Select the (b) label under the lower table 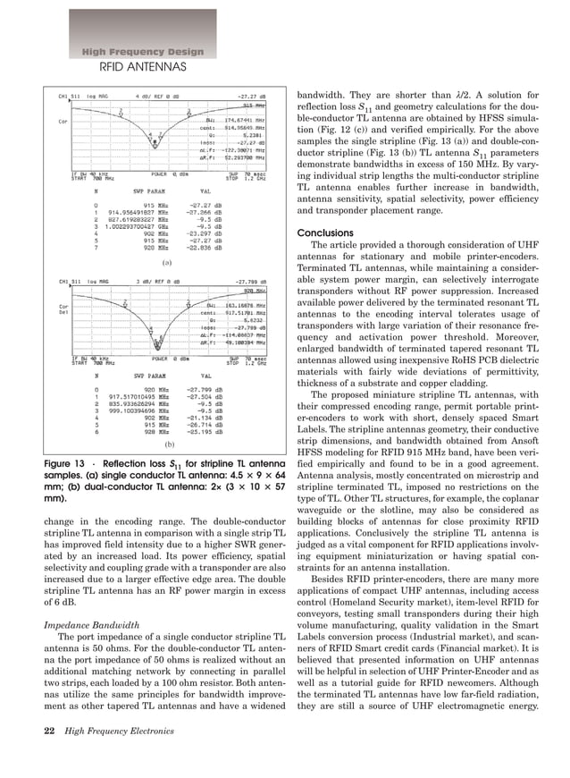click(x=167, y=444)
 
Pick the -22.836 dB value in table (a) click(x=205, y=248)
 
